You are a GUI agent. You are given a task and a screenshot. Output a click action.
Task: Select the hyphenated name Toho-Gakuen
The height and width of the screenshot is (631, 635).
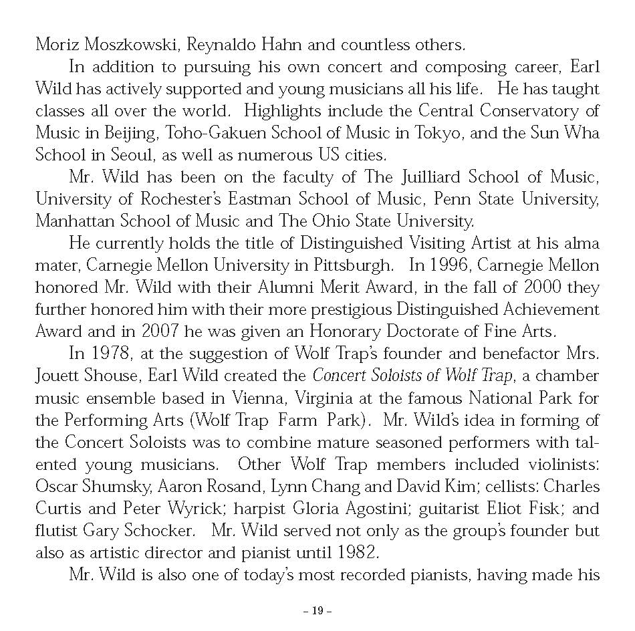213,133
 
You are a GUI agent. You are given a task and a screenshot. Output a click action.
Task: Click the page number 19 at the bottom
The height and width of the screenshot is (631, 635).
317,610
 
